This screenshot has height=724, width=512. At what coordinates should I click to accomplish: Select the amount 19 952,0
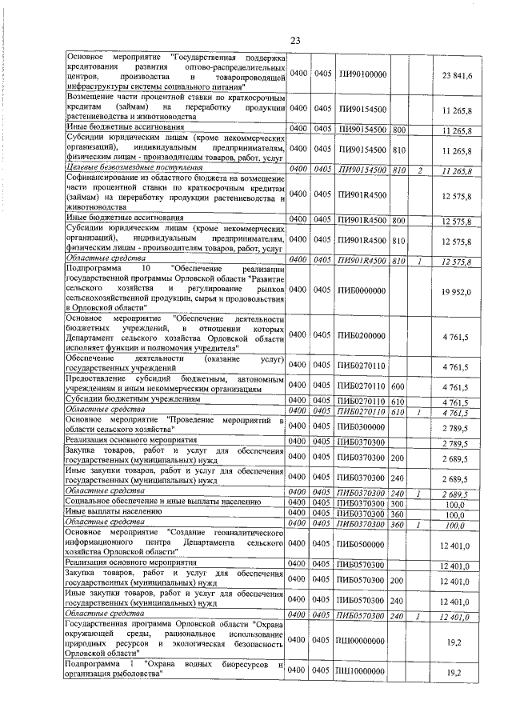tap(457, 292)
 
